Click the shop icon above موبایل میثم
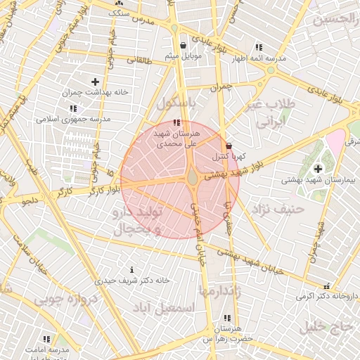pos(184,46)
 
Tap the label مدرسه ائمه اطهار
pos(261,58)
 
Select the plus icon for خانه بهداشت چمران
pos(95,82)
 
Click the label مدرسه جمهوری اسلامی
pos(74,120)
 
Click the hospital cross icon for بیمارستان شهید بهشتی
pos(319,169)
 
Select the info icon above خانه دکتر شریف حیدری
pos(132,270)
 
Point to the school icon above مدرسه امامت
pos(47,339)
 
